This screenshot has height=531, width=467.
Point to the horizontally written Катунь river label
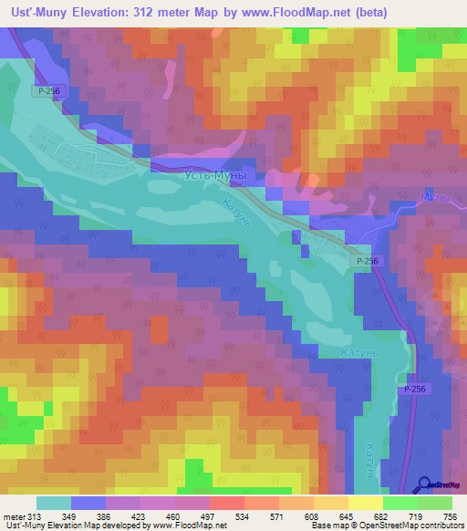[x=345, y=349]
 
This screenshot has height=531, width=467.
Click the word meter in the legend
[x=15, y=517]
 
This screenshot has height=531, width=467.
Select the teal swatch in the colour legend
[x=54, y=504]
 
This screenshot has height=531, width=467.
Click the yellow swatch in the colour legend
[x=365, y=504]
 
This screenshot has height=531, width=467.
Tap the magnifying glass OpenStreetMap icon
[x=424, y=485]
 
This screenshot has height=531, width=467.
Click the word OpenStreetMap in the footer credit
[x=416, y=526]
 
